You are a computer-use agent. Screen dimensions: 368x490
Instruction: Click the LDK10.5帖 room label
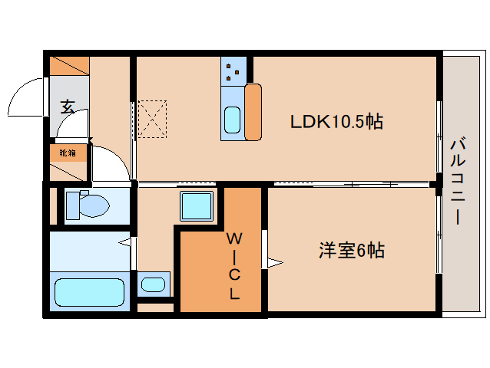coord(336,121)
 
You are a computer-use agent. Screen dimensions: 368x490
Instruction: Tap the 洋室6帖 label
coord(352,250)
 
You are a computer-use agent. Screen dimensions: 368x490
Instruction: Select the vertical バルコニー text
coord(458,181)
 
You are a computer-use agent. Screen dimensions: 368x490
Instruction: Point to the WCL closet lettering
coord(234,265)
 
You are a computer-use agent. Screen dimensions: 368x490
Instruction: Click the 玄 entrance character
coord(68,107)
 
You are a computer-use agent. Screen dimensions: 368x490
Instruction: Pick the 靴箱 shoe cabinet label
coord(68,153)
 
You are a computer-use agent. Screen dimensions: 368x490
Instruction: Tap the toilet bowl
coord(91,205)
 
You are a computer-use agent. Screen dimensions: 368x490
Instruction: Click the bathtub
coord(89,293)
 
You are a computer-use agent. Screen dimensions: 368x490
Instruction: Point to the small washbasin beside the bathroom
coord(154,284)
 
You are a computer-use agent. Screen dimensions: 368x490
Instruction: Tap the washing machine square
coord(196,205)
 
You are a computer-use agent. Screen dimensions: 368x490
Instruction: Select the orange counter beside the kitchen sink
coord(253,112)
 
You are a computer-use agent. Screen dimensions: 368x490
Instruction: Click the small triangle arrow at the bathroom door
coord(124,243)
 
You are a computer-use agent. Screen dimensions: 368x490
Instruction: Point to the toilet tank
coord(72,205)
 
